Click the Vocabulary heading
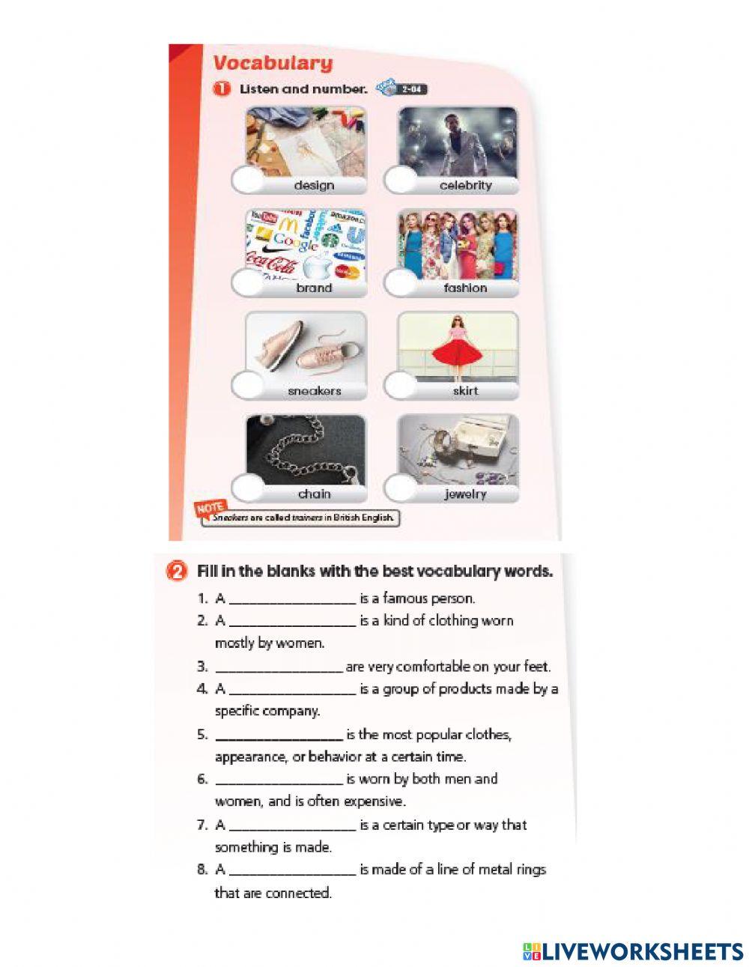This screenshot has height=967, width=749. (273, 63)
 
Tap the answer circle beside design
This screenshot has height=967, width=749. (249, 181)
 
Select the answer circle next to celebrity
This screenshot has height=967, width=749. (401, 181)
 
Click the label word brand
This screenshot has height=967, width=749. (314, 288)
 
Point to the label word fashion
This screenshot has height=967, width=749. (465, 288)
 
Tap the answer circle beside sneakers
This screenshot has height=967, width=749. (249, 387)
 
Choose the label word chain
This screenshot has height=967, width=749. (314, 494)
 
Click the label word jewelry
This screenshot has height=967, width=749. (464, 494)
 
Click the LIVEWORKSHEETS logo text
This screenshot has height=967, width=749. (643, 951)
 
